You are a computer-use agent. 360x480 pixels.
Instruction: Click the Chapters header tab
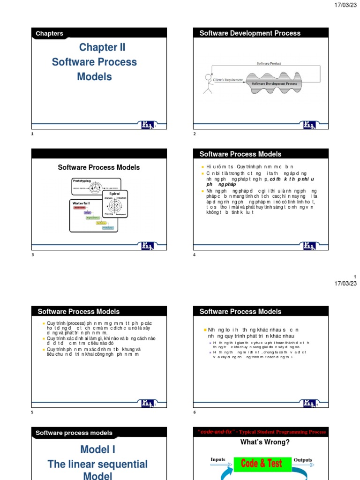(x=49, y=33)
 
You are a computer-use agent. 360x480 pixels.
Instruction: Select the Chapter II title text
(x=102, y=47)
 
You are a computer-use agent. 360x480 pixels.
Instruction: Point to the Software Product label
(x=269, y=63)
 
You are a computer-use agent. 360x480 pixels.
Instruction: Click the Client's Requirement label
(x=228, y=80)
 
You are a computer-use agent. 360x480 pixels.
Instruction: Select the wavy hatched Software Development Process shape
(x=275, y=83)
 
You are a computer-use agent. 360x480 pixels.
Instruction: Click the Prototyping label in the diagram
(x=85, y=180)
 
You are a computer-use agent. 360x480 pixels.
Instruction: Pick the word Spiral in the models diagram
(x=114, y=193)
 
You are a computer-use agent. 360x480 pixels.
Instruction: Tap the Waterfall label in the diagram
(x=81, y=202)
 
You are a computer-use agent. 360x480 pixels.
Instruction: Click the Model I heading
(x=97, y=450)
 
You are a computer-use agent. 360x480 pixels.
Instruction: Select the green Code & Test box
(x=261, y=464)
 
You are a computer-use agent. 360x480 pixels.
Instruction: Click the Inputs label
(x=218, y=459)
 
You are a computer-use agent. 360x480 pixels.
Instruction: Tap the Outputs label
(x=303, y=460)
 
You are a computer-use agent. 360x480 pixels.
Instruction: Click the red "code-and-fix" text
(x=216, y=432)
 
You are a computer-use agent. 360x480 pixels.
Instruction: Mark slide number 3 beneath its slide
(x=32, y=255)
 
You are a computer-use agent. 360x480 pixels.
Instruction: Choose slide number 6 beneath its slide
(x=195, y=412)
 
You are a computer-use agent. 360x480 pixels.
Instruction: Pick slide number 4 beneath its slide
(x=195, y=255)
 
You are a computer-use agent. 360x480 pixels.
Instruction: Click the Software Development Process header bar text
(x=250, y=33)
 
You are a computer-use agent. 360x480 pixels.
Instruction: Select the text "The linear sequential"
(x=97, y=464)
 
